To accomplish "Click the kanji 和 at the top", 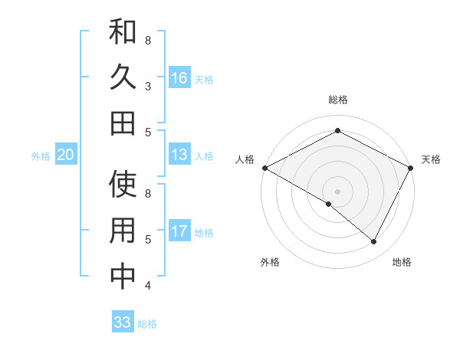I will click(123, 32).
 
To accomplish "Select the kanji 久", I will click(123, 78).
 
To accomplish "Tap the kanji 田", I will click(123, 123).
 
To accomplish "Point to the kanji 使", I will click(123, 185).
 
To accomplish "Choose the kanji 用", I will click(123, 231).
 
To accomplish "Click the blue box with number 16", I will click(179, 78).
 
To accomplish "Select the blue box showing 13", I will click(179, 155).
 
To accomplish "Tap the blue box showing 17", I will click(179, 231).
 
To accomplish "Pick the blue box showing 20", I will click(65, 155).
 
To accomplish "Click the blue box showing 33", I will click(122, 322).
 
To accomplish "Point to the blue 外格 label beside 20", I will click(41, 155).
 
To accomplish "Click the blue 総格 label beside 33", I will click(147, 323).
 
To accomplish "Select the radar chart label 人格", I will click(245, 159).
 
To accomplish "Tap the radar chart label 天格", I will click(431, 159).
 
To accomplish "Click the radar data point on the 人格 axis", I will click(264, 168).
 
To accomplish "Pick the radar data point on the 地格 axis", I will click(374, 242).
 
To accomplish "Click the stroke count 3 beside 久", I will click(148, 86).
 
